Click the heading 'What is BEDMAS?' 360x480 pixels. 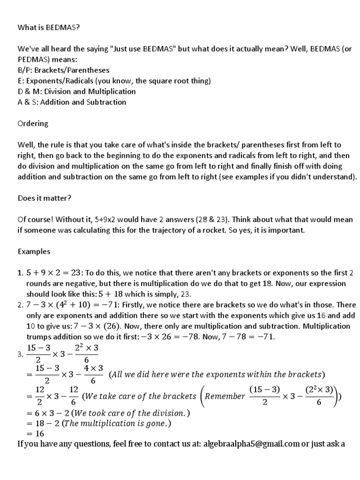click(49, 28)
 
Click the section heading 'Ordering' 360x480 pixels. click(33, 123)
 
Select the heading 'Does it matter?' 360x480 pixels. click(45, 198)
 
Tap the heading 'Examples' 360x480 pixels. click(34, 251)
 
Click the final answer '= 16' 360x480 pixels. click(34, 434)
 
